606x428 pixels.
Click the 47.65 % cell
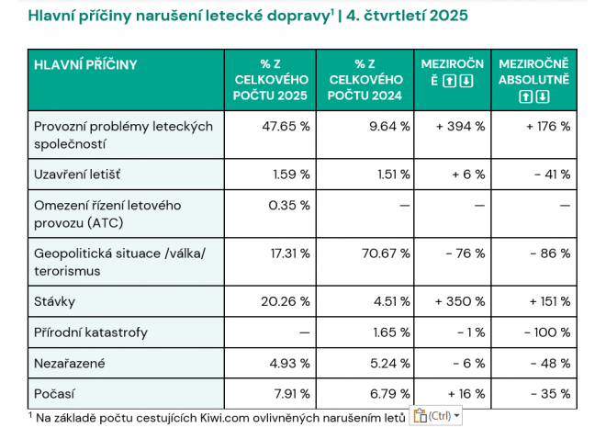[x=285, y=126]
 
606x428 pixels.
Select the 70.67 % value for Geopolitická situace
[x=384, y=253]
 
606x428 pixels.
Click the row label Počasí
[x=54, y=394]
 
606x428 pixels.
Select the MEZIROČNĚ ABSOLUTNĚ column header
[x=533, y=80]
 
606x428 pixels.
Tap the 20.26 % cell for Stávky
[x=285, y=300]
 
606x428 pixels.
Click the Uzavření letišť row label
[x=77, y=174]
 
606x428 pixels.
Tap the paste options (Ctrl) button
[x=436, y=416]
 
